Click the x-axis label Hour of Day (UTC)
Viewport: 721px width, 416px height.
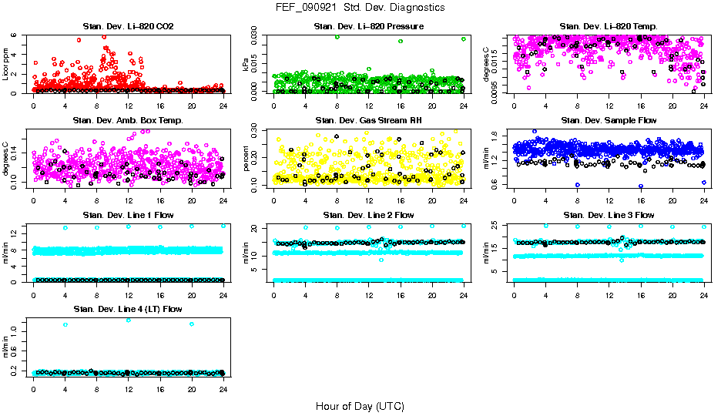360,406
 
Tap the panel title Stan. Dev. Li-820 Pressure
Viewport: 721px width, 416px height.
368,26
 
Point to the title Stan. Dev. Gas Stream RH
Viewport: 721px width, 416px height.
368,120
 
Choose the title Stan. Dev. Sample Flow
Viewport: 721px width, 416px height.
609,120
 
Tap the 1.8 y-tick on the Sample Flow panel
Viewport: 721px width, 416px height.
493,136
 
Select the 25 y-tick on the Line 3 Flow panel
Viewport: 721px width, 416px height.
493,225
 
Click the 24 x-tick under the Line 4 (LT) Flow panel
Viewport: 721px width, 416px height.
223,389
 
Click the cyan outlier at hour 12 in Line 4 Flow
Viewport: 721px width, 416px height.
128,320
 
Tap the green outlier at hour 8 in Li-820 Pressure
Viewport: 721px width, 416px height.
337,36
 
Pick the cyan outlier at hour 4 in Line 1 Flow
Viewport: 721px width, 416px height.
65,228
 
